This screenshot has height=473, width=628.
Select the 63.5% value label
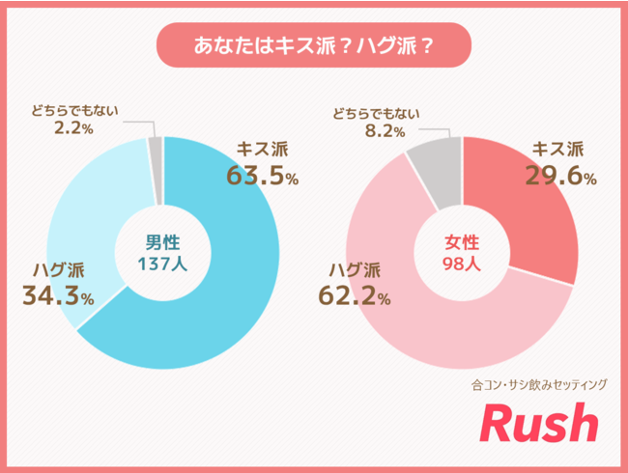point(262,177)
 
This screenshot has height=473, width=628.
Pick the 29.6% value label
point(560,176)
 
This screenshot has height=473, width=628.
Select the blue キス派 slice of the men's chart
point(232,290)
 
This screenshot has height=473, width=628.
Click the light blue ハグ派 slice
point(82,222)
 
